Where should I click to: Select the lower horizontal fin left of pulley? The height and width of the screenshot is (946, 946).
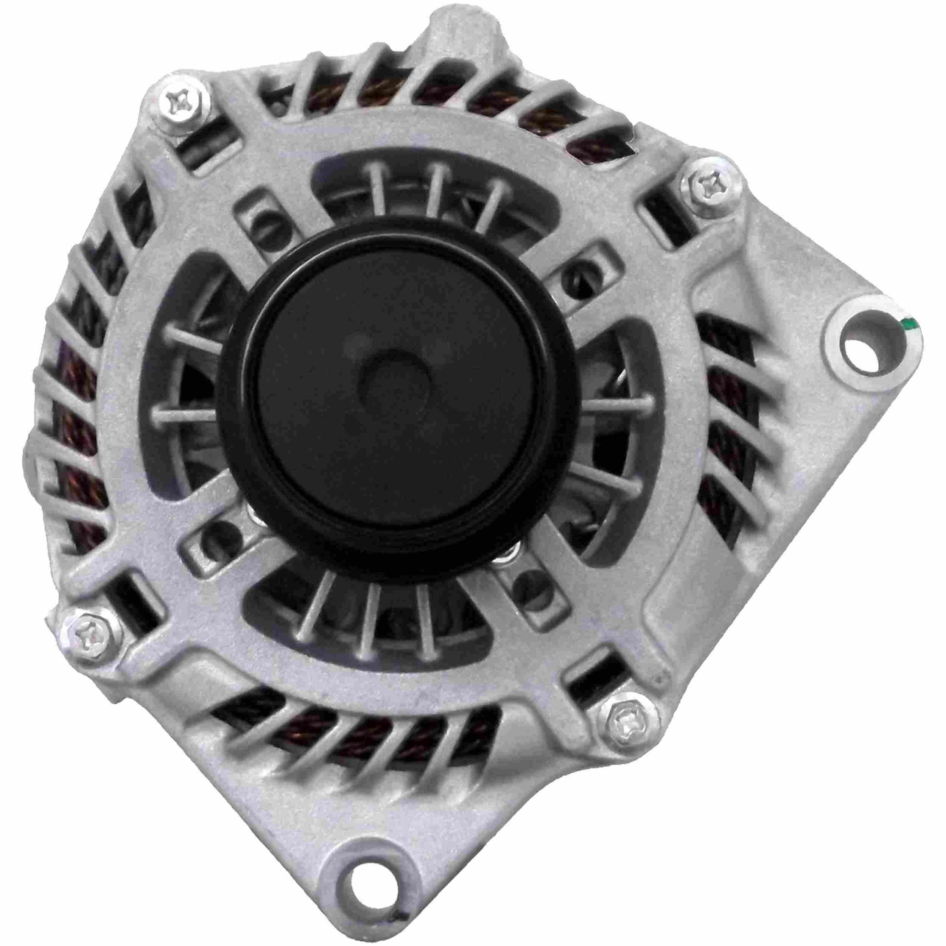coord(184,416)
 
